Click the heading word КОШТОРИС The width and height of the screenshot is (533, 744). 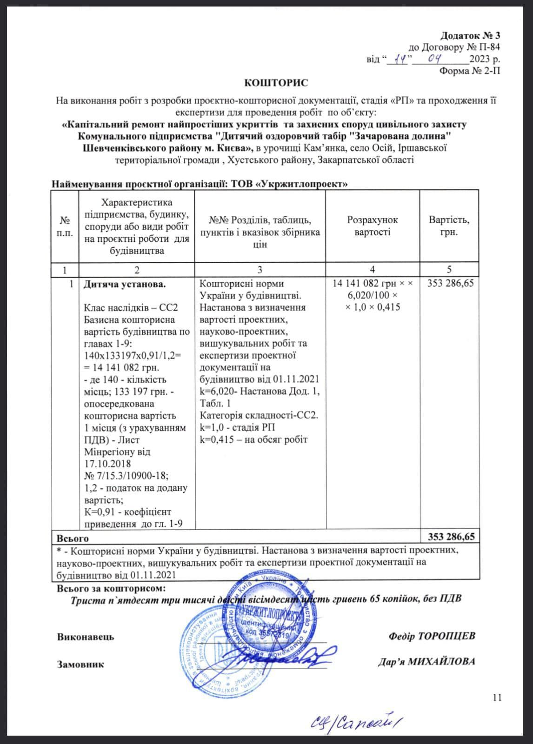276,83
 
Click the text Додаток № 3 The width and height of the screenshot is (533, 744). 470,35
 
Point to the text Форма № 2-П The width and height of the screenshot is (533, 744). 470,71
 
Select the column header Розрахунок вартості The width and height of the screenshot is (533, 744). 373,226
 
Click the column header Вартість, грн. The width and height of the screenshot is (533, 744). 449,226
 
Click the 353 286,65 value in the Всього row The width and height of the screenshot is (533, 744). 451,537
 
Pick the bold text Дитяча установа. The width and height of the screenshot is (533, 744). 124,284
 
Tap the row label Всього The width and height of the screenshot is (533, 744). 73,538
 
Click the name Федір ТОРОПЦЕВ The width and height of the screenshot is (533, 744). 432,636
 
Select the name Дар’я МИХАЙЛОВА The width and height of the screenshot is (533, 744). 426,662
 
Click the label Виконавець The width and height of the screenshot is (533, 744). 86,637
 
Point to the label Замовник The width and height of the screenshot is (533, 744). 80,664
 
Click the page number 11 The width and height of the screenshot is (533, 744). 497,697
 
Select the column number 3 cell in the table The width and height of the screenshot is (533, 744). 260,270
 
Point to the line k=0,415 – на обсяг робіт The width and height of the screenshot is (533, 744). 253,439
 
